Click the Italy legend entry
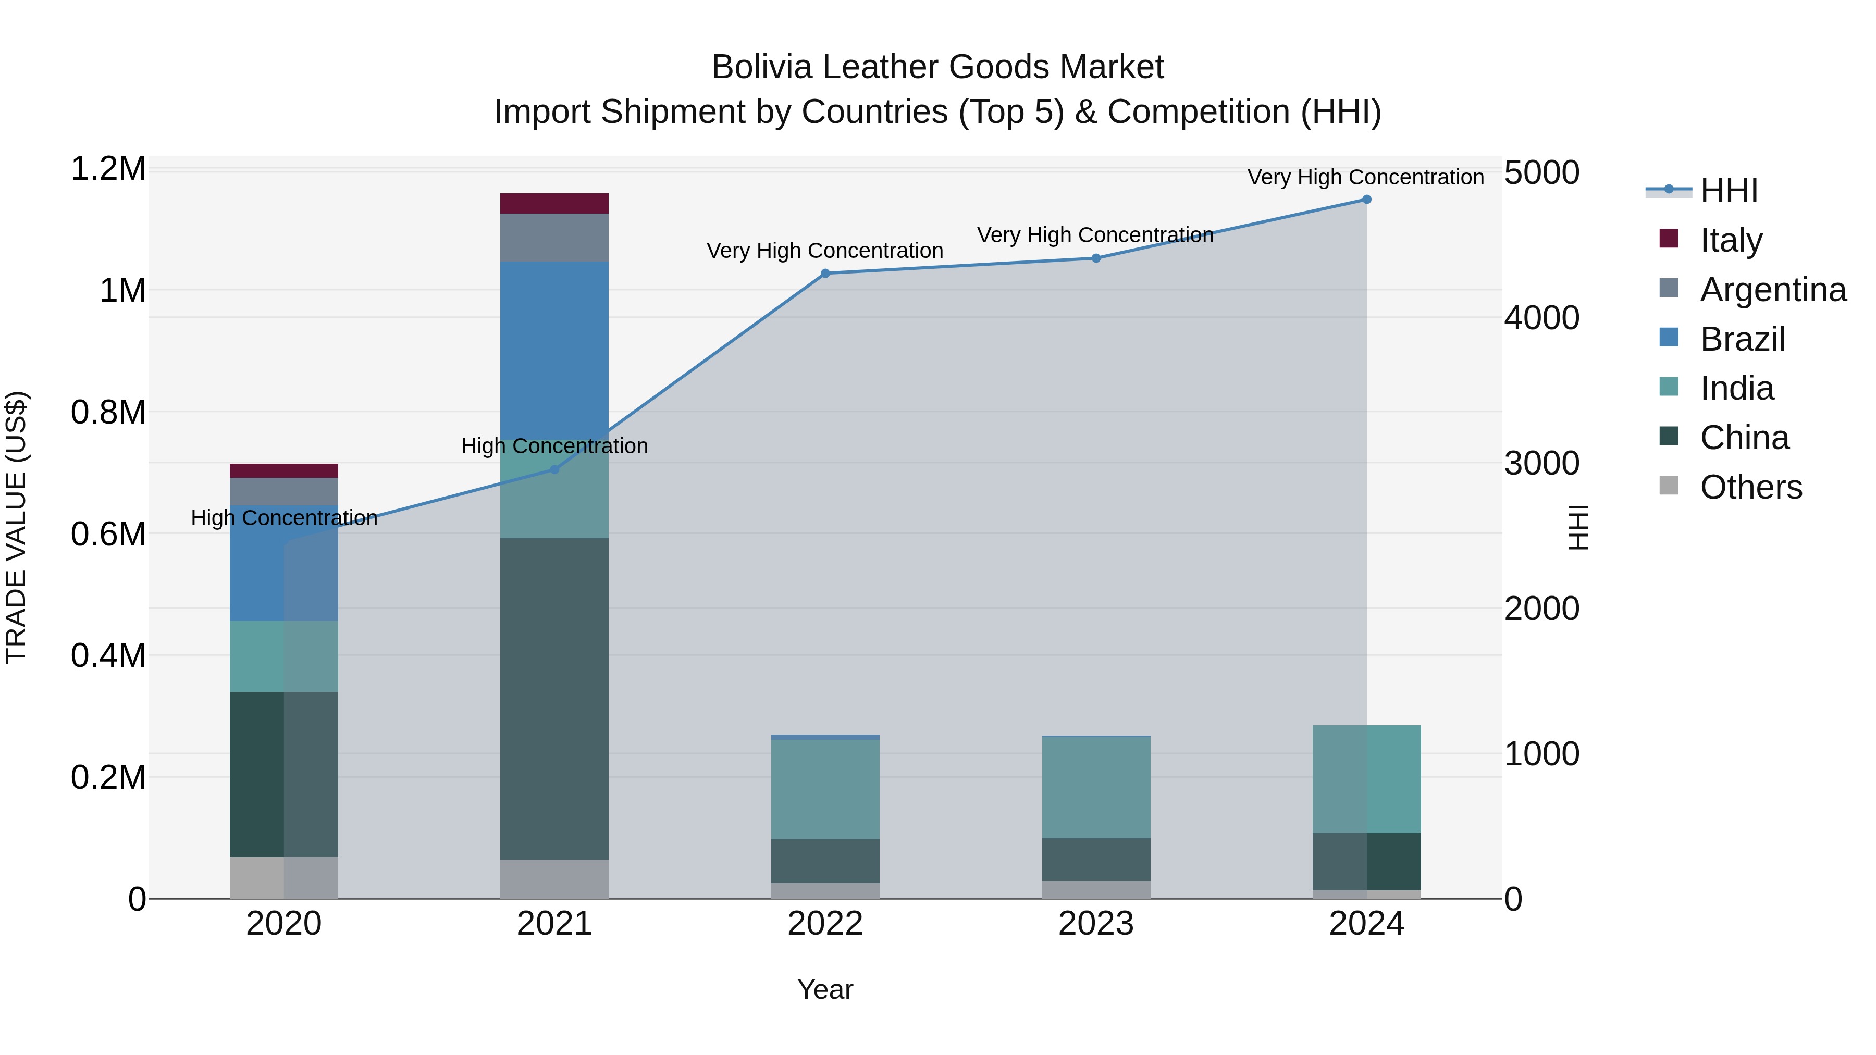pyautogui.click(x=1730, y=240)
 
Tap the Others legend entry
pyautogui.click(x=1750, y=487)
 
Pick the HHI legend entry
pyautogui.click(x=1728, y=191)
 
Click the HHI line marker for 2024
pyautogui.click(x=1366, y=200)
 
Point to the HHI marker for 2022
pyautogui.click(x=825, y=274)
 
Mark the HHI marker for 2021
pyautogui.click(x=554, y=469)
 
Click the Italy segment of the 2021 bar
pyautogui.click(x=554, y=203)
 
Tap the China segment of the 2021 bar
pyautogui.click(x=554, y=699)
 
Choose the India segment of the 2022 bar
pyautogui.click(x=825, y=789)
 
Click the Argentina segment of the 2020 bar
pyautogui.click(x=284, y=491)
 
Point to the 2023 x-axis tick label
pyautogui.click(x=1095, y=924)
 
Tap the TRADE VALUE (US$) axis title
pyautogui.click(x=16, y=527)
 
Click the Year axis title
pyautogui.click(x=825, y=989)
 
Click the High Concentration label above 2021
pyautogui.click(x=554, y=445)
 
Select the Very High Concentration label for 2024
pyautogui.click(x=1365, y=177)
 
